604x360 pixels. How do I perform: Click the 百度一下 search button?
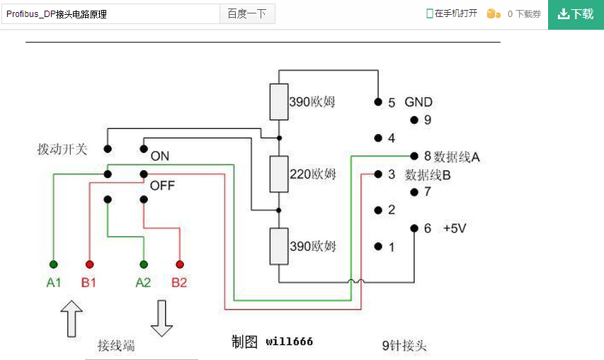(247, 13)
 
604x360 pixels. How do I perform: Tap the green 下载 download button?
(576, 14)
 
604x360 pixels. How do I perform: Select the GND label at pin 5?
(418, 102)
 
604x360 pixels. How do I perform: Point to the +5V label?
(455, 228)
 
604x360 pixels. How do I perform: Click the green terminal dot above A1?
(54, 264)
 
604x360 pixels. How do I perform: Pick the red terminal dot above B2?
(180, 264)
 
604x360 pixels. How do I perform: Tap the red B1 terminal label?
(89, 283)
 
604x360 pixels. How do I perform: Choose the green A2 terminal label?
(143, 283)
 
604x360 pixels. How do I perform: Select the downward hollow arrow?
(161, 318)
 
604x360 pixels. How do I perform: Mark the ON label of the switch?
(160, 156)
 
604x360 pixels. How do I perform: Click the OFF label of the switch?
(162, 186)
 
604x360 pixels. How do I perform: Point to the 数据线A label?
(457, 157)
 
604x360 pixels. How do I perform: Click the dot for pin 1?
(377, 247)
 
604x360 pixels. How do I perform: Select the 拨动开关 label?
(62, 150)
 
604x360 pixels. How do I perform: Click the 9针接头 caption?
(404, 346)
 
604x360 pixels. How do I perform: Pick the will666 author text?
(289, 342)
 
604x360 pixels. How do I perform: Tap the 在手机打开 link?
(452, 13)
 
